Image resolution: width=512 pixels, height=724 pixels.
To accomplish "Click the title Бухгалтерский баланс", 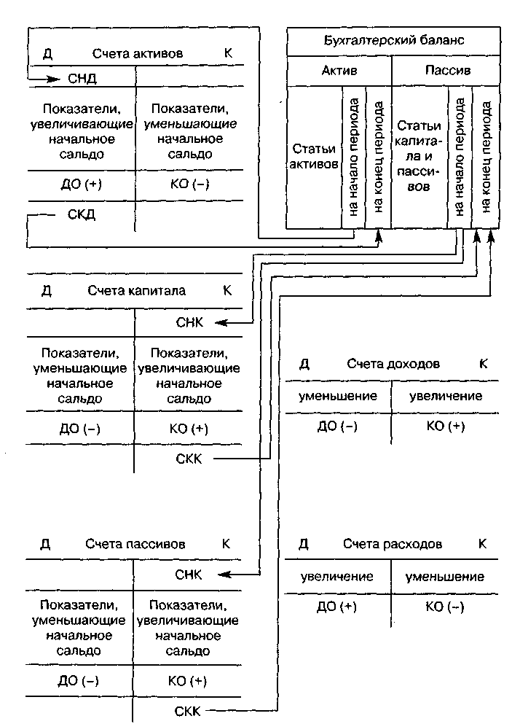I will coord(393,41).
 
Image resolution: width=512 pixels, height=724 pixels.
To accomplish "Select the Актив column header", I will coord(339,71).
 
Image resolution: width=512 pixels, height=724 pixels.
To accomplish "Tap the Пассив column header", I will coord(446,71).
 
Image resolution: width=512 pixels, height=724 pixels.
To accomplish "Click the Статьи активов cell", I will coord(314,156).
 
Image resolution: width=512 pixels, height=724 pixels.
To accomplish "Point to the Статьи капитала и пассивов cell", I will coord(418,156).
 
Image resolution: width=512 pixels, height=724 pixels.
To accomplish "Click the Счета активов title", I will coord(138,54).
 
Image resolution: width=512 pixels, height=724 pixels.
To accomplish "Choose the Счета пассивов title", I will coord(135,544).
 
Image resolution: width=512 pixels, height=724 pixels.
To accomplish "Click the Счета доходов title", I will coord(393,364).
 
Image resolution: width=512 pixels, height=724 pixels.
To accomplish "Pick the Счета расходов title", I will coord(393,544).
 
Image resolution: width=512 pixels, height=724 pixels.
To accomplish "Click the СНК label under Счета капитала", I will coord(190,322).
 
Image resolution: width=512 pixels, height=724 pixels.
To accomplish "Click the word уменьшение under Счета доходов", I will coord(338,396).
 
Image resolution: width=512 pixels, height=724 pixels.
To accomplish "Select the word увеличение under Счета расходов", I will coord(337,576).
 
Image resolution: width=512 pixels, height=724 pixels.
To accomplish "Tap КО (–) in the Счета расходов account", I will coord(445,607).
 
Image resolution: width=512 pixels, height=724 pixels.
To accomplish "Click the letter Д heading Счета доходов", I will coord(304,364).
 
